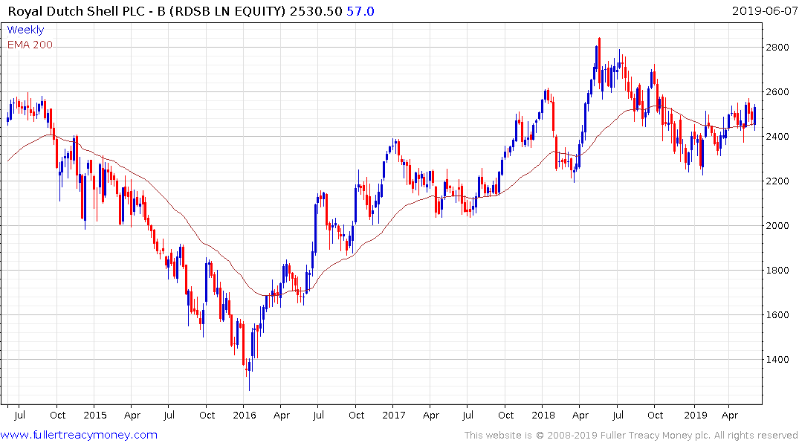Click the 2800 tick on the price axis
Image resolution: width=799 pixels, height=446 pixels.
779,48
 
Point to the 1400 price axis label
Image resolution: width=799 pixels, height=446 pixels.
779,360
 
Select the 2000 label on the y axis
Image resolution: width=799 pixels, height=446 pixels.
779,226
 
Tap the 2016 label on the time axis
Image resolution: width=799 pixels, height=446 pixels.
245,416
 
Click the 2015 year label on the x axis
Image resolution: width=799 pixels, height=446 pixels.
94,416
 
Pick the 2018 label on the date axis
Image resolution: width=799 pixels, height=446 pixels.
544,416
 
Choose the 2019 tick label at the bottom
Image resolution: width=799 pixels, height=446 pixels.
695,416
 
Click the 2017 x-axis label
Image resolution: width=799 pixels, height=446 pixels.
394,416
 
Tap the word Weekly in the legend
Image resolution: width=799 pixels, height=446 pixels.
25,30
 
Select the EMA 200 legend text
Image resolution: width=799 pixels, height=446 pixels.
30,45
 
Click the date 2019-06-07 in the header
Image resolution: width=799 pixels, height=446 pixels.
763,11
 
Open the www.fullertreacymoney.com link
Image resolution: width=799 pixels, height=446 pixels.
80,435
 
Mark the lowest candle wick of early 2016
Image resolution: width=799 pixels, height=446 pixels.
249,389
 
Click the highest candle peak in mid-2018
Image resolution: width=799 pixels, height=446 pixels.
599,39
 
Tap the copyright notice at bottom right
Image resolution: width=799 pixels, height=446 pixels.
631,435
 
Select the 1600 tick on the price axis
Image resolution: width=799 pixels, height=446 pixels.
779,315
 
